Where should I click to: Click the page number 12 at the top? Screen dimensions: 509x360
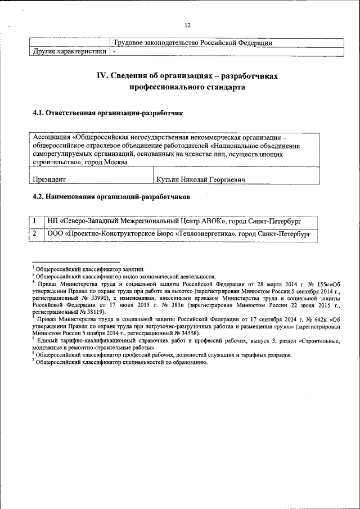tap(187, 25)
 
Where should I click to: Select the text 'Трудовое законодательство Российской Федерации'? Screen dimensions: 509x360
tap(193, 43)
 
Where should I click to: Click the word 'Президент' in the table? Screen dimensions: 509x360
tap(49, 179)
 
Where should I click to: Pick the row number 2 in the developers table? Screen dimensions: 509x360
tap(34, 233)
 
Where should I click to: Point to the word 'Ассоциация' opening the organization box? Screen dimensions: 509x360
tap(51, 137)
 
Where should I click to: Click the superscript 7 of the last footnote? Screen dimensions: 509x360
tap(33, 361)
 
